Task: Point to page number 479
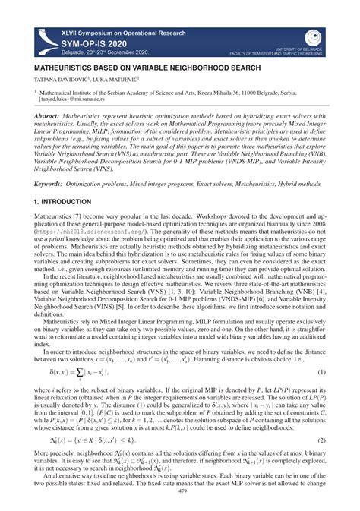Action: pos(179,490)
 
